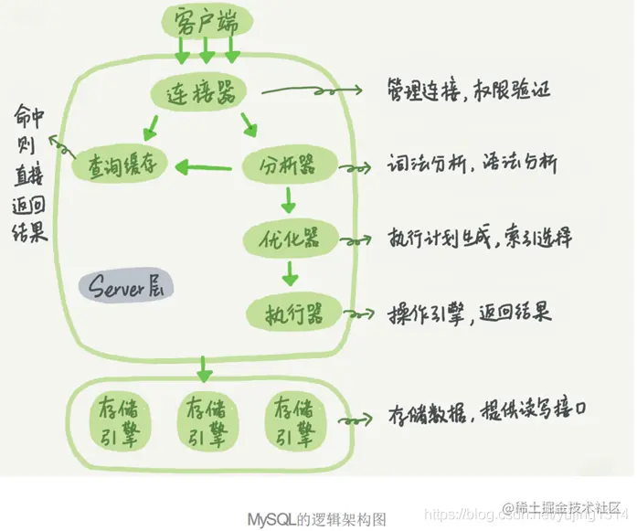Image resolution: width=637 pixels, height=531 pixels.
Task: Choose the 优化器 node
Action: click(290, 239)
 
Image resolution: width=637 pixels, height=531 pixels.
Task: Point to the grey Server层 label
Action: click(124, 287)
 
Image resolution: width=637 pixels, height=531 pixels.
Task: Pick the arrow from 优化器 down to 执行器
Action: click(290, 271)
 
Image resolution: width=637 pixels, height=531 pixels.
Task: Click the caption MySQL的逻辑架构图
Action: click(317, 518)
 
